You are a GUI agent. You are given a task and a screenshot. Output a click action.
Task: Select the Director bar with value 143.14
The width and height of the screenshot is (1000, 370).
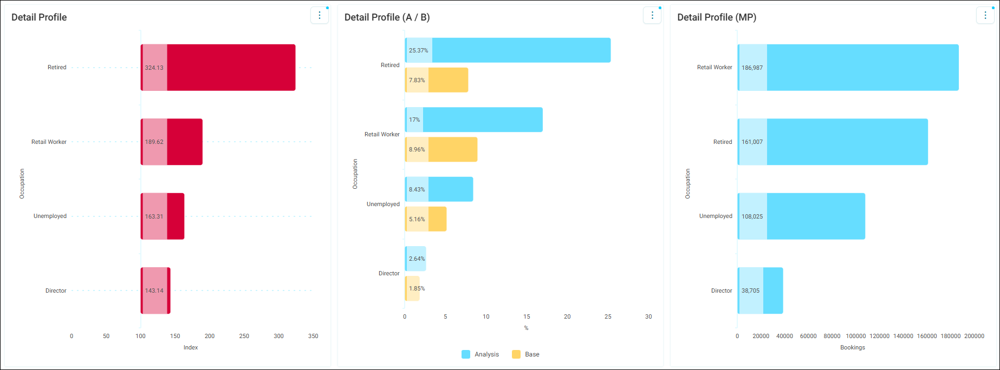point(155,290)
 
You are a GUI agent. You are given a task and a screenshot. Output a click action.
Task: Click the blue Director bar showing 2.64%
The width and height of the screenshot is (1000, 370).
point(415,259)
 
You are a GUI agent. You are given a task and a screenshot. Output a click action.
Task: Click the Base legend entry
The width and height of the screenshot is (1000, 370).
point(525,354)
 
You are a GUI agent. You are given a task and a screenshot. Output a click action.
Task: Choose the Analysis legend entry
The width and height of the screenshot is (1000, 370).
point(480,354)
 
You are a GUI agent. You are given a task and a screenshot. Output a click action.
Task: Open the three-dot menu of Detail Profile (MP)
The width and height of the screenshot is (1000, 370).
point(985,15)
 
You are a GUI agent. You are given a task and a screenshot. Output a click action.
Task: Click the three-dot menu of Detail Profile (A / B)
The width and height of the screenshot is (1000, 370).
point(652,15)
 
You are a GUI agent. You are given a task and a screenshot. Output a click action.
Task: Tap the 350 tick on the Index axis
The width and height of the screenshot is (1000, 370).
point(313,336)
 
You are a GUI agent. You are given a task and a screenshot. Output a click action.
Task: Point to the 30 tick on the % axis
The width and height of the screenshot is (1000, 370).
point(648,316)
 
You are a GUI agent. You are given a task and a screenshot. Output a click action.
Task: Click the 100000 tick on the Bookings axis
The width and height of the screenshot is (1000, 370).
point(856,336)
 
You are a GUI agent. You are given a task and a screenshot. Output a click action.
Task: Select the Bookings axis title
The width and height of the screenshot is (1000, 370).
point(853,347)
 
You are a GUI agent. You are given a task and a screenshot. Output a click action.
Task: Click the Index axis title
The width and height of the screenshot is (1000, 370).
point(191,347)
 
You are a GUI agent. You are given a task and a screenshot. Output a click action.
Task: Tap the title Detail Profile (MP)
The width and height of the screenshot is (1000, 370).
point(717,17)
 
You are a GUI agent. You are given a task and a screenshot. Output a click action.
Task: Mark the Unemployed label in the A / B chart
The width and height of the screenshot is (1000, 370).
point(383,204)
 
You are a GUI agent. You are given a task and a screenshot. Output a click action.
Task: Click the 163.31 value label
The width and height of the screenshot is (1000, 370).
point(154,216)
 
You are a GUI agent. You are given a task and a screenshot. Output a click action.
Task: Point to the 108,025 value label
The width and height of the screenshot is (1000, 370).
point(752,216)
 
